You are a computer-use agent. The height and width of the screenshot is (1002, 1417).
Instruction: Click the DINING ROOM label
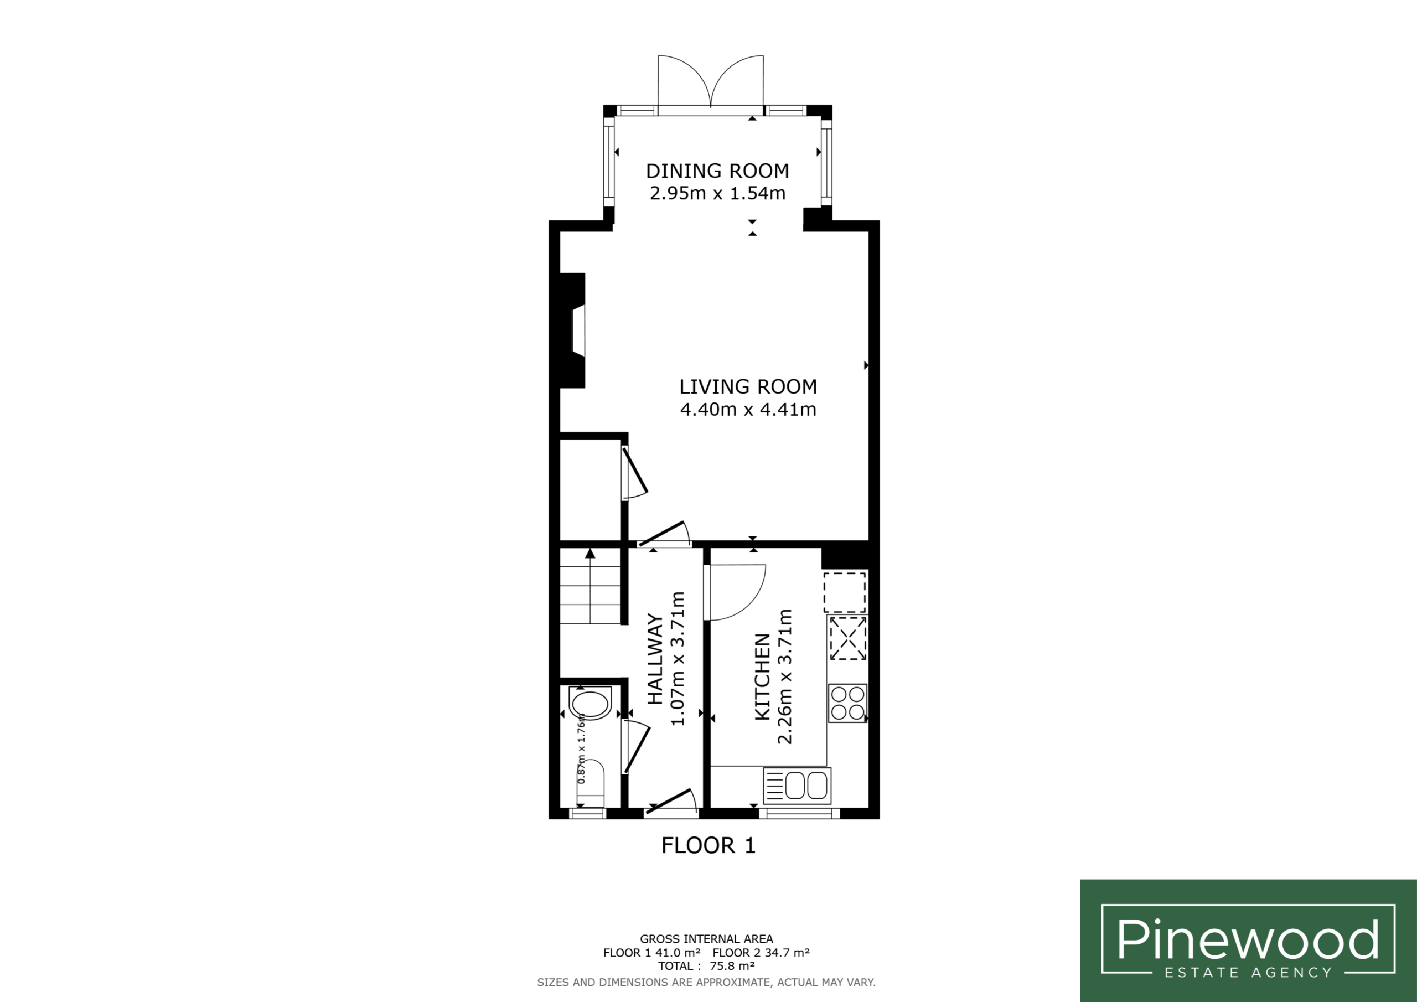717,171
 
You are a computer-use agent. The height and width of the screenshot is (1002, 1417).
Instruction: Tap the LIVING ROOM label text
748,386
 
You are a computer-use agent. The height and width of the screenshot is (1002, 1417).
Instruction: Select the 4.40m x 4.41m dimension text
748,409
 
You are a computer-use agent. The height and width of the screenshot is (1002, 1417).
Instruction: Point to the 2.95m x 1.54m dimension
717,193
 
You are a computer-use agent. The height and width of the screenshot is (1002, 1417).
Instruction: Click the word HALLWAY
655,659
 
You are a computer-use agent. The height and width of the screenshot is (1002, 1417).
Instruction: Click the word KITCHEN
763,676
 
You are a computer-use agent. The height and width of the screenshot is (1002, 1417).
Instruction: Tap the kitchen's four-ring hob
847,703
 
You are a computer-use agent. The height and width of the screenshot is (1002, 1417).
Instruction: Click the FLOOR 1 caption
708,845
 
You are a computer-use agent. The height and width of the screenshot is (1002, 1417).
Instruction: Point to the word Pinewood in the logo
1248,939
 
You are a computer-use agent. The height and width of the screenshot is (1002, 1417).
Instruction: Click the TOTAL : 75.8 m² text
706,966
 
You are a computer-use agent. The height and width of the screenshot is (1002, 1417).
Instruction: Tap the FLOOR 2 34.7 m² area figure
761,953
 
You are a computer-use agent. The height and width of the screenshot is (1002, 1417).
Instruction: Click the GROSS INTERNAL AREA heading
706,939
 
